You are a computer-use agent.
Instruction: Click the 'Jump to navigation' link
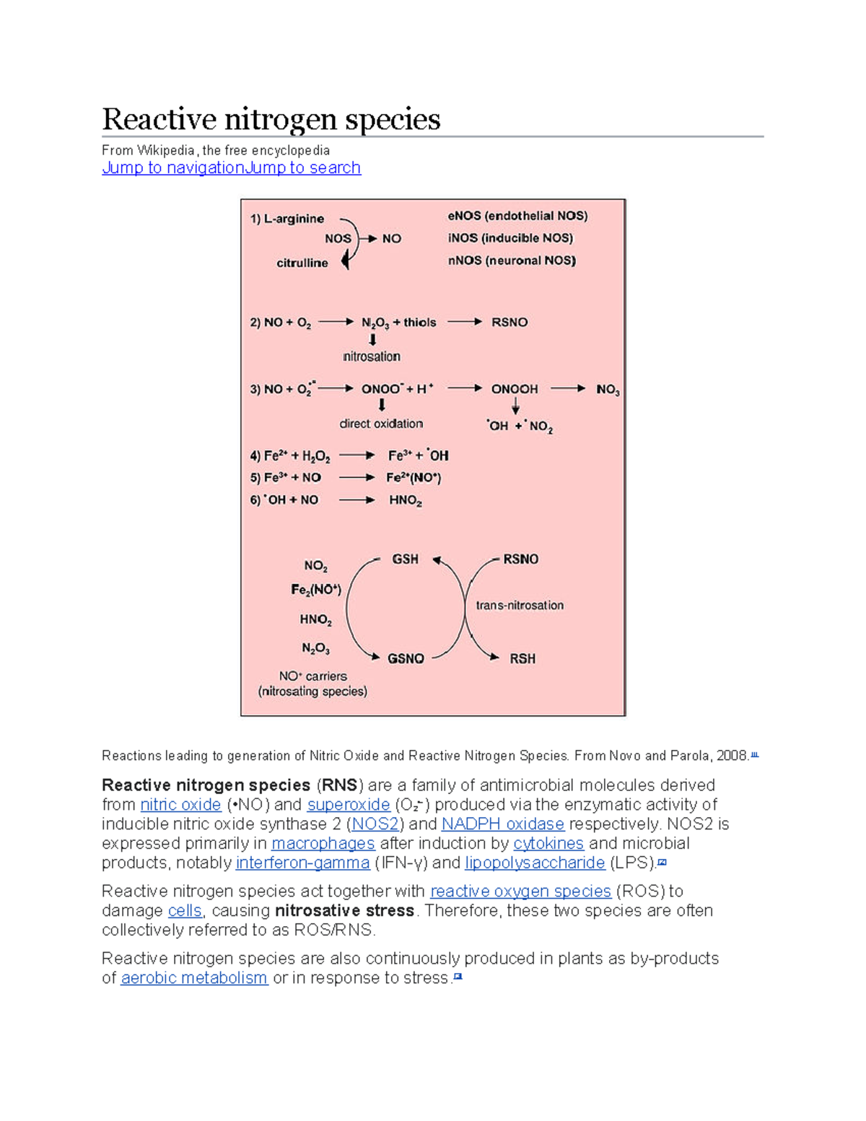tap(173, 167)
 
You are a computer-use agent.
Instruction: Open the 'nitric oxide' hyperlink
tap(180, 805)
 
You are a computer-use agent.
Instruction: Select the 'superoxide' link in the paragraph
tap(349, 805)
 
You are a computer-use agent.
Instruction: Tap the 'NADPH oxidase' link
tap(502, 824)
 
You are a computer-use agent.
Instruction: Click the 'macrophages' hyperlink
tap(323, 844)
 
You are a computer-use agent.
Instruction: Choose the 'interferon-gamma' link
tap(302, 863)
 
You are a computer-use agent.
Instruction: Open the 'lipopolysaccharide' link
tap(535, 863)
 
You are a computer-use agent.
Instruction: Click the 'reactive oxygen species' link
tap(520, 891)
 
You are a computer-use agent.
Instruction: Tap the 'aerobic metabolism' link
tap(194, 978)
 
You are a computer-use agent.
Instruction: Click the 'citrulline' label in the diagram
tap(302, 263)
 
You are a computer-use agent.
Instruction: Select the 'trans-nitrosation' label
tap(520, 606)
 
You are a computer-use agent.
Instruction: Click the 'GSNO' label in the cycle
tap(406, 659)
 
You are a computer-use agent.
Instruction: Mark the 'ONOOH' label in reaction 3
tap(515, 389)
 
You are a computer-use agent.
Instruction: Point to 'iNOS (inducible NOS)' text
tap(510, 238)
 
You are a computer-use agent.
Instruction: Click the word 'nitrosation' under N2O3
tap(372, 357)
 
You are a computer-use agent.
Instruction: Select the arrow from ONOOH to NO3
tap(568, 388)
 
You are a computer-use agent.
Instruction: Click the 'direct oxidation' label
tap(381, 424)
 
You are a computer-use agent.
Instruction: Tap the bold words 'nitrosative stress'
tap(344, 911)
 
